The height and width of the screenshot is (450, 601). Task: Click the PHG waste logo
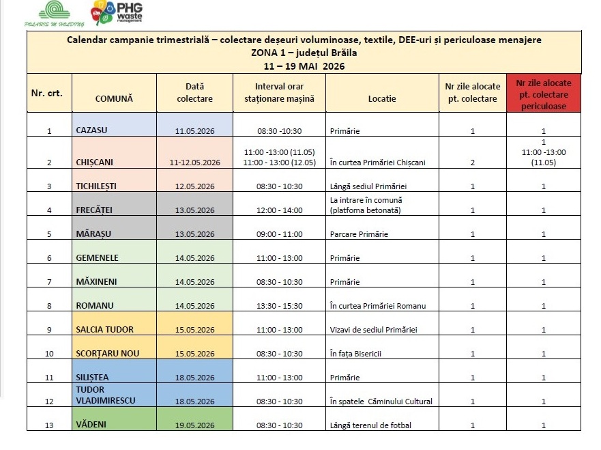117,13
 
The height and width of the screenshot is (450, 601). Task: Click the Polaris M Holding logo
54,14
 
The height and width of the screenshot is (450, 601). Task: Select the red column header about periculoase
544,94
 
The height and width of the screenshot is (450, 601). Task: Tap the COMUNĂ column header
114,98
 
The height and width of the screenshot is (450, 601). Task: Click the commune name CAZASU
91,130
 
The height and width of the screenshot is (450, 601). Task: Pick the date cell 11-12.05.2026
194,163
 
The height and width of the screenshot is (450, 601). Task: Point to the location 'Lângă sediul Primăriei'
368,186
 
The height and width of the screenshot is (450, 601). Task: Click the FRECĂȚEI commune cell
114,203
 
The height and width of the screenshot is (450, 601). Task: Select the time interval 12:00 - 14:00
280,210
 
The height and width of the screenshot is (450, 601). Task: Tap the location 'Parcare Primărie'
359,234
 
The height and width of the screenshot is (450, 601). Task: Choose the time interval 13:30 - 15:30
280,306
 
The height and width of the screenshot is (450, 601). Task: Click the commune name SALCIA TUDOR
104,330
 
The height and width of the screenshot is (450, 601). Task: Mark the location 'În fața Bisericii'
355,354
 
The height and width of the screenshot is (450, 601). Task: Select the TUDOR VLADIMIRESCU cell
114,395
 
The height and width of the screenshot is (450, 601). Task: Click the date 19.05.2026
194,425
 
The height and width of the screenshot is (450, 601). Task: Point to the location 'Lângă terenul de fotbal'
370,425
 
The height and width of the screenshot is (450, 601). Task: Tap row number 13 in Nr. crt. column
49,425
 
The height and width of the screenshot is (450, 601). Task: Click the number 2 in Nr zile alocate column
473,163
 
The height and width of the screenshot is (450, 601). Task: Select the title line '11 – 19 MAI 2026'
304,66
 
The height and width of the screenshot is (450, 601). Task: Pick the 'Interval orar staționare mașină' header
280,92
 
